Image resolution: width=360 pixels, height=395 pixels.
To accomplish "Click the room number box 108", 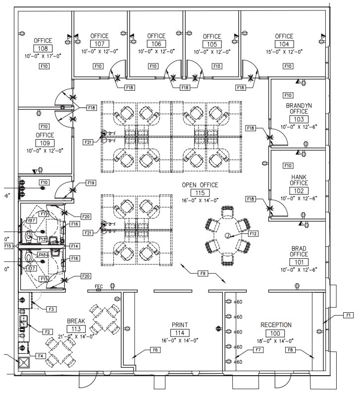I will (x=43, y=49).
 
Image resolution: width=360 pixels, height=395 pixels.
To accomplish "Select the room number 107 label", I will (x=99, y=44).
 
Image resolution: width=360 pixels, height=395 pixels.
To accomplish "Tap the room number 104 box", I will (x=284, y=44).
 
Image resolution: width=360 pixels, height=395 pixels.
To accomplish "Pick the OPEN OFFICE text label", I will (x=200, y=185).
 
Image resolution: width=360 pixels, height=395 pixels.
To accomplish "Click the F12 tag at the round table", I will (x=253, y=233).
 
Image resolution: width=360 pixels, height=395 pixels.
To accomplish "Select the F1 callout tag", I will (x=348, y=315).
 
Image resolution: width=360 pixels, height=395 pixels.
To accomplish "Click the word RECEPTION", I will (x=276, y=325).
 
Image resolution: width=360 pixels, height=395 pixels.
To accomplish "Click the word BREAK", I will (x=76, y=321).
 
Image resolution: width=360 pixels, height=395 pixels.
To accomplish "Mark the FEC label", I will (x=98, y=286).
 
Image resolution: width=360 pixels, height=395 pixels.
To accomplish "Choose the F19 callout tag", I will (x=91, y=183).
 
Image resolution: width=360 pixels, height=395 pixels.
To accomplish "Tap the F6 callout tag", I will (x=154, y=350).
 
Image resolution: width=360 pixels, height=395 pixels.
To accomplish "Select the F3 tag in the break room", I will (x=51, y=309).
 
